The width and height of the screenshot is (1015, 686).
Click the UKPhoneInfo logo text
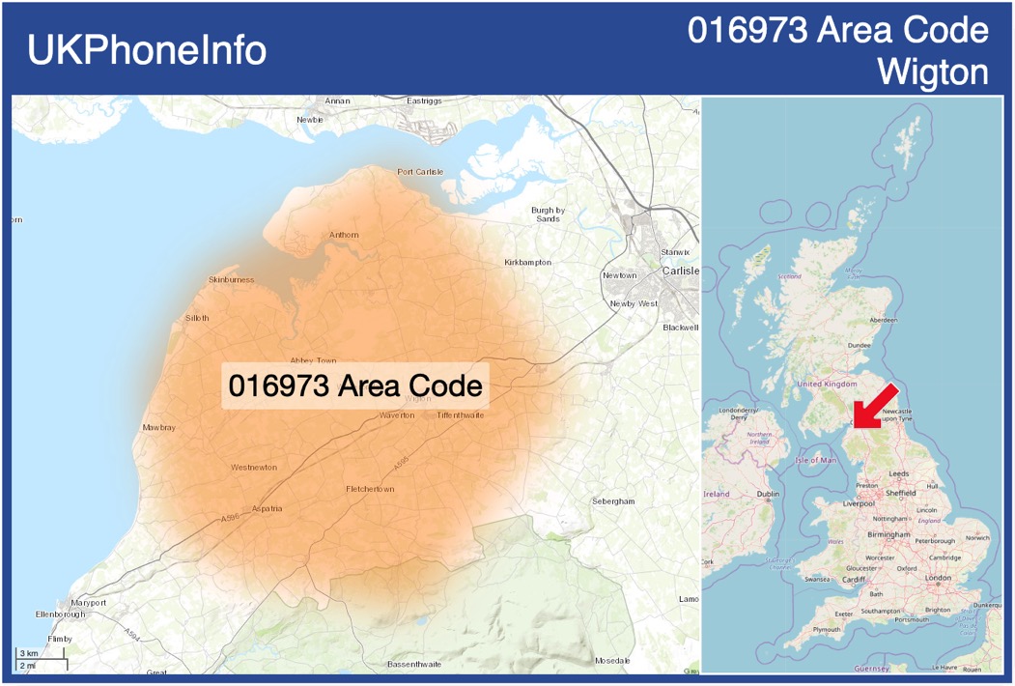pyautogui.click(x=147, y=50)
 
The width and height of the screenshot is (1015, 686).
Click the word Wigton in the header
pyautogui.click(x=933, y=71)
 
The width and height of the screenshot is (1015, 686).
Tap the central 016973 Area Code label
pyautogui.click(x=355, y=386)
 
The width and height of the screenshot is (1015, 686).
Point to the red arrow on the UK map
pyautogui.click(x=876, y=406)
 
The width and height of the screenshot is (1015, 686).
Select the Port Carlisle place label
pyautogui.click(x=420, y=172)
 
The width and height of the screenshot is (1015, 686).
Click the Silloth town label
pyautogui.click(x=196, y=318)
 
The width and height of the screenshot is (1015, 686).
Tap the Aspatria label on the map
pyautogui.click(x=267, y=508)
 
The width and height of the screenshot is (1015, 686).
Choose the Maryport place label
pyautogui.click(x=88, y=603)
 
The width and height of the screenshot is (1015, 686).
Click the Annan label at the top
pyautogui.click(x=338, y=100)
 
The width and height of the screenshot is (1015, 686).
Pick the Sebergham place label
pyautogui.click(x=613, y=501)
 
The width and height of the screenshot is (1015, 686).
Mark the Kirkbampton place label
pyautogui.click(x=527, y=263)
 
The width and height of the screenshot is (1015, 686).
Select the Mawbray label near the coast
pyautogui.click(x=158, y=427)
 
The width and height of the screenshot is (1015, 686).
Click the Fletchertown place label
pyautogui.click(x=370, y=489)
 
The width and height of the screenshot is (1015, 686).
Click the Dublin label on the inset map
pyautogui.click(x=769, y=494)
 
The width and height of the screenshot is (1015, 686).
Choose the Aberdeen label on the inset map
pyautogui.click(x=883, y=320)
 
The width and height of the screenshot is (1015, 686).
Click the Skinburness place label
pyautogui.click(x=231, y=280)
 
